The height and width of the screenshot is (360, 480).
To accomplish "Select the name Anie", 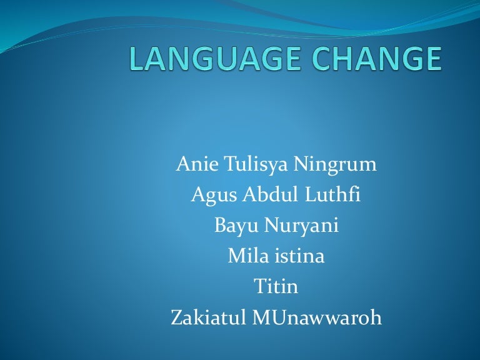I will point(195,164).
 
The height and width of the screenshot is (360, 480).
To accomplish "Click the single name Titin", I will point(276,287).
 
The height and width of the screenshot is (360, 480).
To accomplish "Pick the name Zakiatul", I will point(209,317).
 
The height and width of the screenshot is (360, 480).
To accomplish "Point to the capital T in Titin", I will point(259,287).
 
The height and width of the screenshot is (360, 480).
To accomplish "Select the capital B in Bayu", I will point(220,226).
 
